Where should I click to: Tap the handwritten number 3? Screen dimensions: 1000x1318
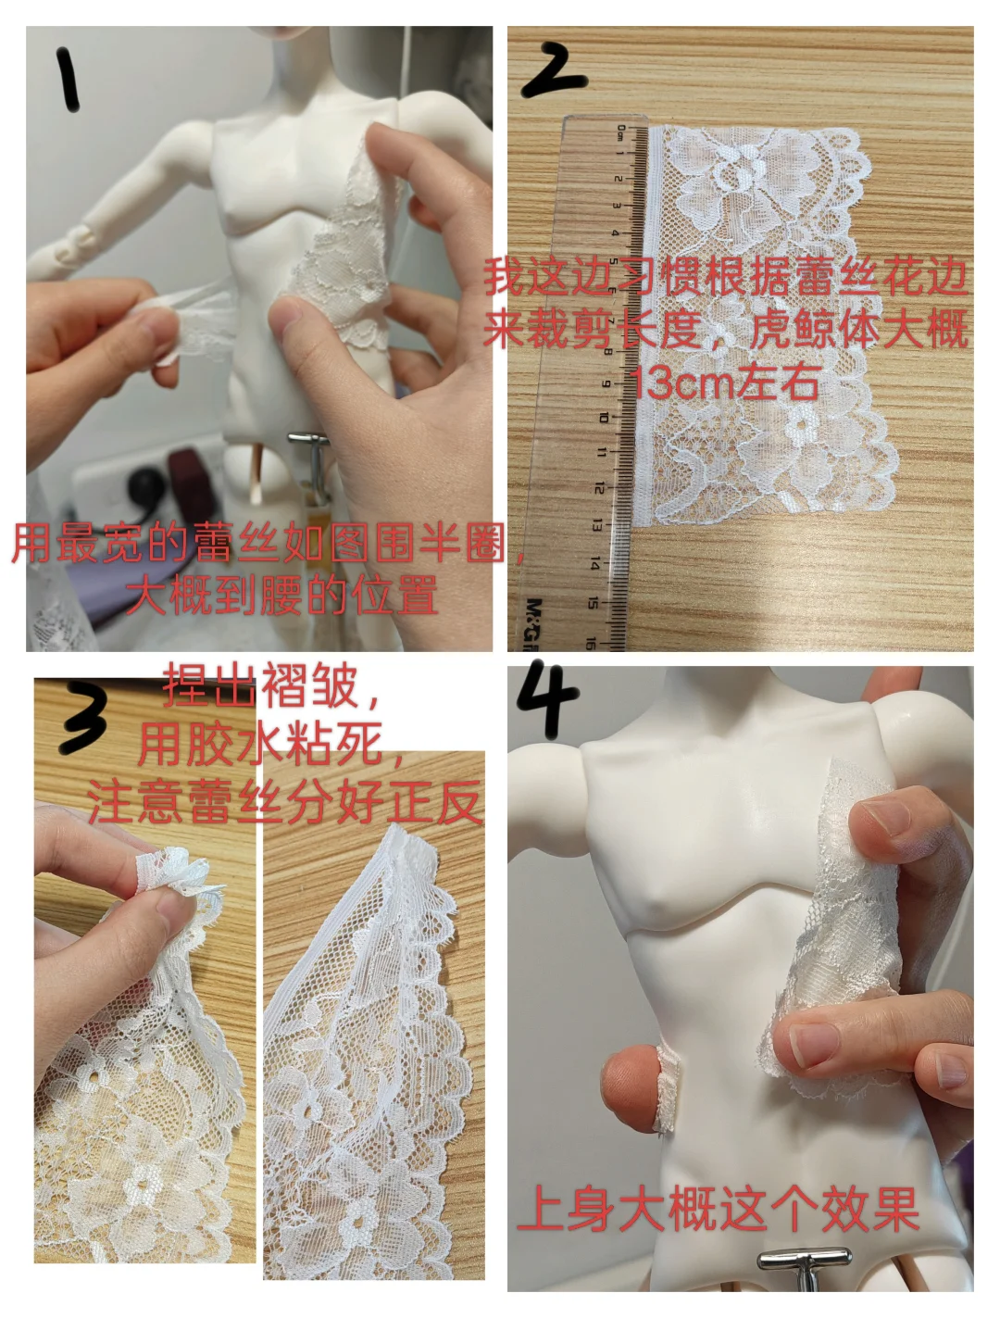[84, 718]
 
